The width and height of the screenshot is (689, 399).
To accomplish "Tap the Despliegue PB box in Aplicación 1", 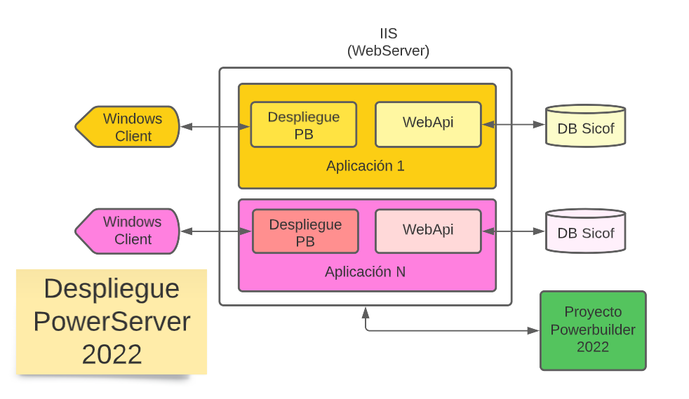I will coord(303,125).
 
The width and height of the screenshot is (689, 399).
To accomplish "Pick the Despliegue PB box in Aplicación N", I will coord(305,231).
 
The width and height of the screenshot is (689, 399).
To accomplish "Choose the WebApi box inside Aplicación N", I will coord(428,231).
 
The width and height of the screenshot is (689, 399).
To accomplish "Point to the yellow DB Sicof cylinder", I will coord(585,126).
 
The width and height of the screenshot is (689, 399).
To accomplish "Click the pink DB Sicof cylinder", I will coord(585,231).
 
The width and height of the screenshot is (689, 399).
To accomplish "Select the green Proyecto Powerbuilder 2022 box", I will coord(593,330).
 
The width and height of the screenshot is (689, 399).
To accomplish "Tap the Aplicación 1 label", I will coord(365,166).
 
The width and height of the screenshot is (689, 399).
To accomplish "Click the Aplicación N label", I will coord(365,271).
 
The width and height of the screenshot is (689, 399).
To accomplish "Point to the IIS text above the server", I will coord(388,34).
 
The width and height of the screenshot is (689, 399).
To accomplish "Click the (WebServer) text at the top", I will coord(388,50).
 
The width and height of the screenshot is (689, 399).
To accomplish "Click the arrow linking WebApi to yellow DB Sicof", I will coord(514,125).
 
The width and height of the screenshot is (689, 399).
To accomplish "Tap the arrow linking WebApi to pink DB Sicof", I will coord(514,231).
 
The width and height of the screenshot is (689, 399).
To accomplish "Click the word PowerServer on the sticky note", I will coord(112,321).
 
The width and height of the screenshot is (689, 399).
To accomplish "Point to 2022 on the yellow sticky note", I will coord(112,354).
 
